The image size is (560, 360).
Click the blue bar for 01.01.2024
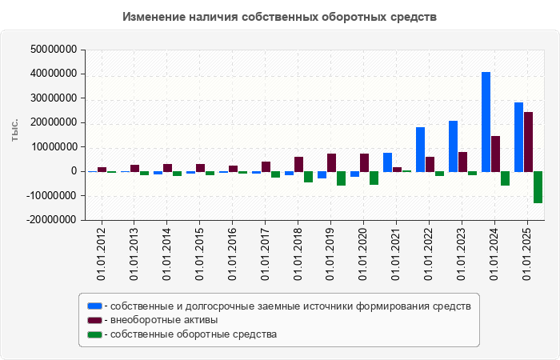pos(486,122)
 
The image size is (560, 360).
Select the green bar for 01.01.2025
pos(538,187)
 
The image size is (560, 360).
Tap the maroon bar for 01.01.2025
pos(529,142)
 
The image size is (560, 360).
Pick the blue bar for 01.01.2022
pos(421,150)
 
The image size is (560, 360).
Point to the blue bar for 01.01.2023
pos(454,146)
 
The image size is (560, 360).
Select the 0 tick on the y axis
pos(73,171)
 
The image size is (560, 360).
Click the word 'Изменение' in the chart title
pos(154,17)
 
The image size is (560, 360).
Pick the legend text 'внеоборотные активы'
pos(165,320)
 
